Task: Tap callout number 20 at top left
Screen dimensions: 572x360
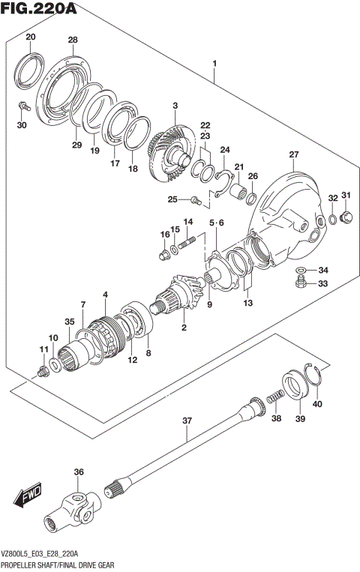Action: (30, 37)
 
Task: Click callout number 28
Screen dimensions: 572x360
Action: (73, 40)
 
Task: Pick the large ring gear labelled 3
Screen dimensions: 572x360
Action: (169, 154)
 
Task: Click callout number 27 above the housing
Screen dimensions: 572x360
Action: (293, 154)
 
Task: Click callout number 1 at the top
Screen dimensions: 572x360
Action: (214, 64)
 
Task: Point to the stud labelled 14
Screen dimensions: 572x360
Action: (187, 241)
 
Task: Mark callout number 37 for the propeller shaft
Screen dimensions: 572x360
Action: (187, 421)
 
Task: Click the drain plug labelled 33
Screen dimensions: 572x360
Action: (301, 283)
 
